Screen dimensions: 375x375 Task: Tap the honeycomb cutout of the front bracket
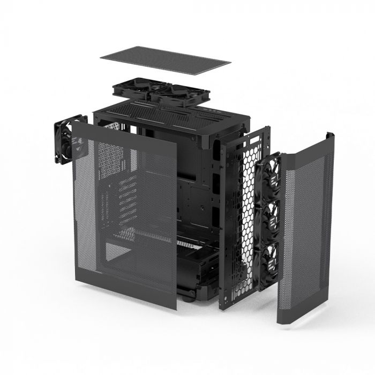(x=247, y=214)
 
